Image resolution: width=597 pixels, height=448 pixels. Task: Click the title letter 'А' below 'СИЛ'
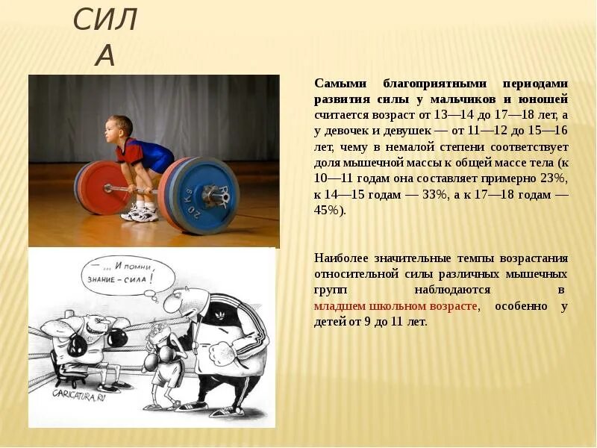(105, 55)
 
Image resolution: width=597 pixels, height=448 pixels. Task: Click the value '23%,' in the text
(551, 178)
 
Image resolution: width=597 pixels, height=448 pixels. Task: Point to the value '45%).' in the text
(331, 211)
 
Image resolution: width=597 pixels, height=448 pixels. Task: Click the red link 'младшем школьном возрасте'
(396, 306)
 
